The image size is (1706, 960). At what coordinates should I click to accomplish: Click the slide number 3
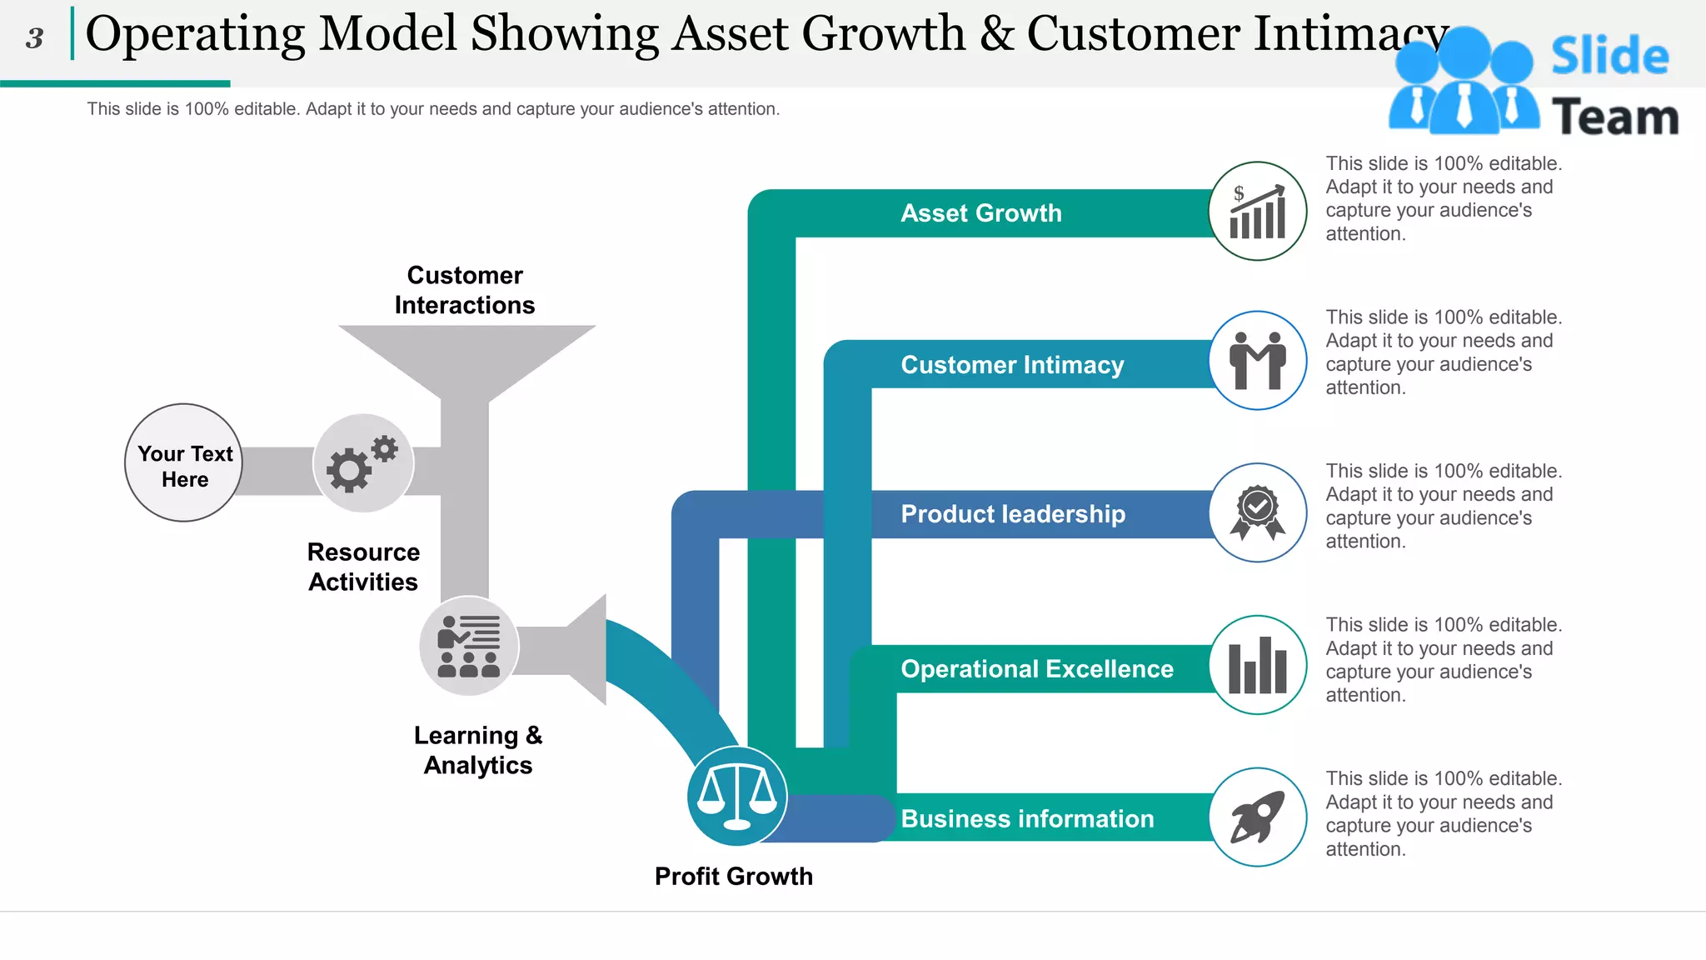click(x=34, y=37)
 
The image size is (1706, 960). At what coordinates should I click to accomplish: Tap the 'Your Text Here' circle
click(x=184, y=463)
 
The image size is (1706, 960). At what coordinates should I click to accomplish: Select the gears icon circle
click(x=363, y=463)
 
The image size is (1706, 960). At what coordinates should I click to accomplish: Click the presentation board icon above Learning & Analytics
click(x=469, y=646)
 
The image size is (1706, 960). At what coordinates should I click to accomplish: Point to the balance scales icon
click(x=737, y=796)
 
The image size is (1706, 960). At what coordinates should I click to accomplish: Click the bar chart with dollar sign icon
click(x=1257, y=211)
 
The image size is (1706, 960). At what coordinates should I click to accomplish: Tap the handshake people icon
click(x=1257, y=360)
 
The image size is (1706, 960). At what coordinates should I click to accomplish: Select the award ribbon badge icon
click(x=1257, y=512)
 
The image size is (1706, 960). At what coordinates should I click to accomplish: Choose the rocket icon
click(x=1257, y=817)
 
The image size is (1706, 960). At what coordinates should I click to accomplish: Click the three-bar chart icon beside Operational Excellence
click(x=1257, y=665)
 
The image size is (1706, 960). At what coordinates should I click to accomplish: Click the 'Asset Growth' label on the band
click(x=981, y=213)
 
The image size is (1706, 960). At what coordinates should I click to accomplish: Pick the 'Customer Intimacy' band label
click(x=1012, y=365)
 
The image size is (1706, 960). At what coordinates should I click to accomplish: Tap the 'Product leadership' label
click(x=1013, y=514)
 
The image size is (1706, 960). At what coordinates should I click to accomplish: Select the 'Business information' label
click(x=1027, y=819)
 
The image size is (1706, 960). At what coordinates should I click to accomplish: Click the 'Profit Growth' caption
click(x=733, y=876)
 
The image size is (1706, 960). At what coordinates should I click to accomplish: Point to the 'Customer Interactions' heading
click(x=465, y=290)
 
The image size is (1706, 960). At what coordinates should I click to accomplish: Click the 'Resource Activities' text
click(x=363, y=567)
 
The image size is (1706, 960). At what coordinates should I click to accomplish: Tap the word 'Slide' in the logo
click(x=1609, y=57)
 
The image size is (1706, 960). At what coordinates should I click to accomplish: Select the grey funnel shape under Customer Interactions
click(x=466, y=358)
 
